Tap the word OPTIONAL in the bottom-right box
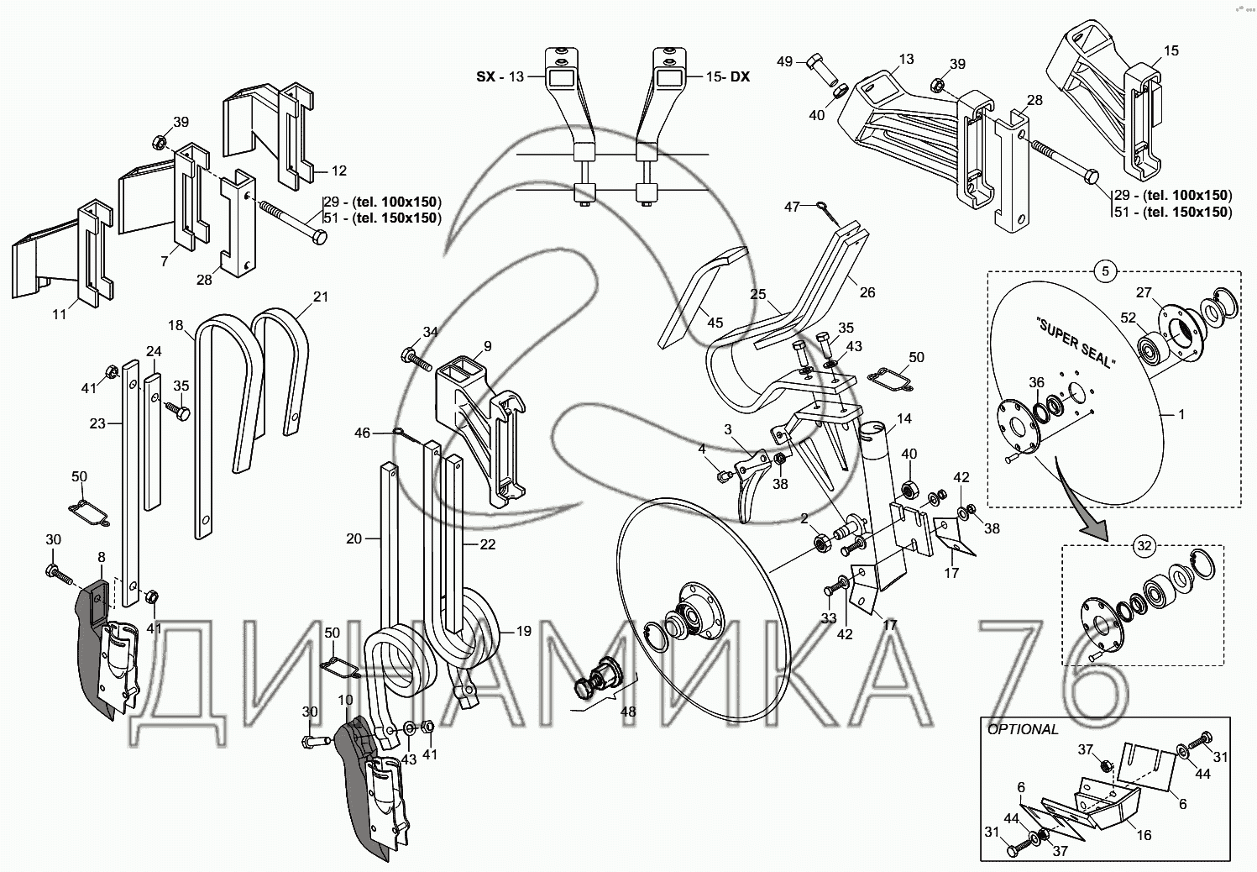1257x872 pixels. [x=1023, y=729]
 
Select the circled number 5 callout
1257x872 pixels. [x=1105, y=271]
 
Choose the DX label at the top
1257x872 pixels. [x=739, y=76]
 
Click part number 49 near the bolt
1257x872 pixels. [x=784, y=61]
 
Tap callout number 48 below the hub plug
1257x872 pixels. [x=627, y=712]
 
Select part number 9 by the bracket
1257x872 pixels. [x=487, y=345]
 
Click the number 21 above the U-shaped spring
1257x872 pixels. [x=321, y=297]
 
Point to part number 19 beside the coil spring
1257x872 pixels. [x=522, y=631]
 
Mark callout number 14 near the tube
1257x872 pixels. [x=903, y=418]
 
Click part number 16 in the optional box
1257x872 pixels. [x=1144, y=835]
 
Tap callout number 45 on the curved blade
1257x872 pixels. [x=715, y=323]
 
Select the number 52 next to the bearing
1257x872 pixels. [x=1129, y=318]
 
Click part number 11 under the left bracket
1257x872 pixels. [x=59, y=315]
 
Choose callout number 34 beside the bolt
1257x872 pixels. [x=430, y=332]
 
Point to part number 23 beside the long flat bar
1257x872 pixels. [x=97, y=423]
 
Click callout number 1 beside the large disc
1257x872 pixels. [x=1181, y=414]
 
